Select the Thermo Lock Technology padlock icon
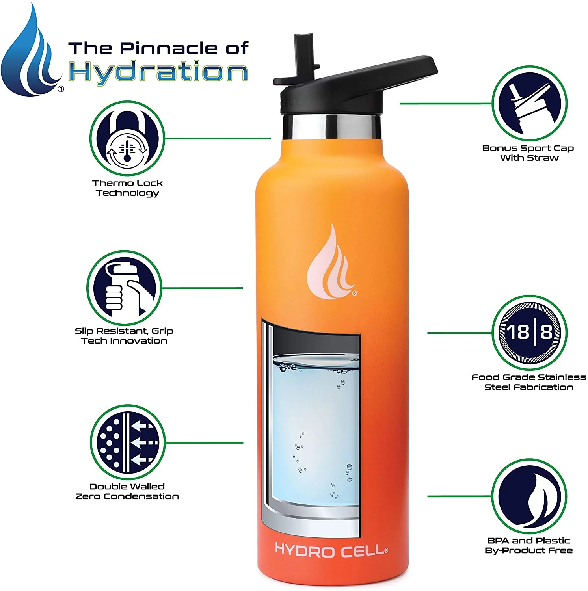click(x=127, y=138)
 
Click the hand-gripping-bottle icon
click(x=125, y=288)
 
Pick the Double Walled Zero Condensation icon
click(x=127, y=442)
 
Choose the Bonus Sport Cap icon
click(x=530, y=103)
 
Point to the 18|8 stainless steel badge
click(x=529, y=333)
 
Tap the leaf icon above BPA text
click(x=529, y=496)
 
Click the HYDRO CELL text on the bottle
click(x=331, y=550)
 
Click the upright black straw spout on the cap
click(x=302, y=55)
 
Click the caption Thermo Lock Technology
click(x=127, y=188)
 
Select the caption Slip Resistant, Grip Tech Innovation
click(x=124, y=336)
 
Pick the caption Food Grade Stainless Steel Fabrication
click(x=528, y=382)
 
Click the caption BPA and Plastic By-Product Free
click(x=528, y=545)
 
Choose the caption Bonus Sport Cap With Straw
click(x=528, y=153)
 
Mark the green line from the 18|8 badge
click(x=460, y=333)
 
